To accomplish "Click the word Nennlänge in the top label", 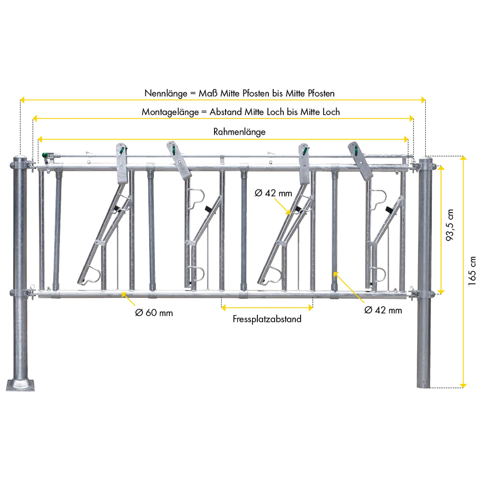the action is [x=165, y=93].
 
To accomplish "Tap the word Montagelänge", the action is [x=170, y=112].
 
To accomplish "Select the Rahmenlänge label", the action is [x=240, y=132].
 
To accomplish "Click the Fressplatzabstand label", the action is [x=267, y=319].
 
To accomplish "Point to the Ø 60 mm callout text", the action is [x=154, y=313].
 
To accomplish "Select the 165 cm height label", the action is [x=472, y=271].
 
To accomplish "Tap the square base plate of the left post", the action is [x=20, y=385].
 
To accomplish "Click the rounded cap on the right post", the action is [x=426, y=160].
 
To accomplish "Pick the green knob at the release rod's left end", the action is [x=45, y=155].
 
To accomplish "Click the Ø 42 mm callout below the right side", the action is [x=383, y=310].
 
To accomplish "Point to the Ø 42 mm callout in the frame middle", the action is [x=273, y=193].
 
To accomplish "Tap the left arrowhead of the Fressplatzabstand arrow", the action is [x=224, y=307].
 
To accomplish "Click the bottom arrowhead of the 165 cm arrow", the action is [x=464, y=385].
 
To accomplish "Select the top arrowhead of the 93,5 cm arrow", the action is [x=441, y=168].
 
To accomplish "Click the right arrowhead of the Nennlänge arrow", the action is [x=423, y=100].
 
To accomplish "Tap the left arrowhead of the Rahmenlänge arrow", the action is [x=40, y=139].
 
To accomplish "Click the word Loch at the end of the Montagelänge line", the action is [x=330, y=112].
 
